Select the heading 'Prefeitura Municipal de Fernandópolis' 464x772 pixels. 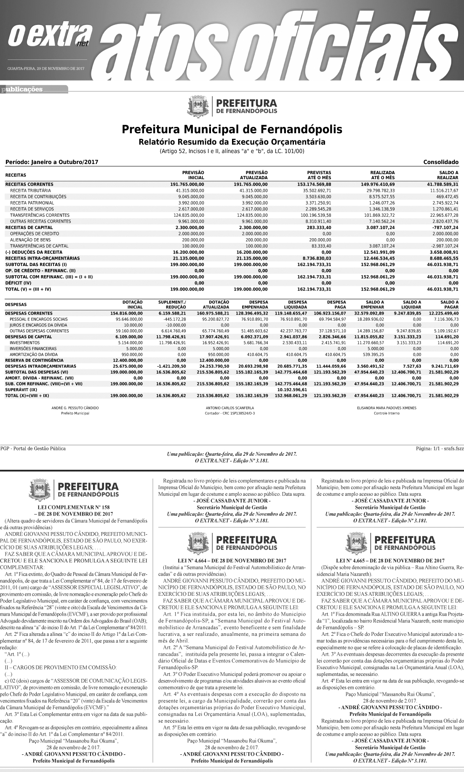pyautogui.click(x=232, y=129)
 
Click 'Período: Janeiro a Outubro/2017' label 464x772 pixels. pyautogui.click(x=49, y=162)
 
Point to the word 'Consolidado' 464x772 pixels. pyautogui.click(x=441, y=162)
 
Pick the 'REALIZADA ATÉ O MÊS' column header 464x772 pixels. pyautogui.click(x=382, y=175)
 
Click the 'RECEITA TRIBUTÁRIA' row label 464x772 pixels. pyautogui.click(x=31, y=191)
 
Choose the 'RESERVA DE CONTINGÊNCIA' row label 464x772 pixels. pyautogui.click(x=35, y=360)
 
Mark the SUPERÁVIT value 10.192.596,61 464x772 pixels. pyautogui.click(x=292, y=390)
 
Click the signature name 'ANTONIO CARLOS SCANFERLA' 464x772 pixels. pyautogui.click(x=229, y=408)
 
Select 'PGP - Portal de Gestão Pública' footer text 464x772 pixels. pyautogui.click(x=33, y=449)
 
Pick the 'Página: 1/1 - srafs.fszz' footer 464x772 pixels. pyautogui.click(x=440, y=449)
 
